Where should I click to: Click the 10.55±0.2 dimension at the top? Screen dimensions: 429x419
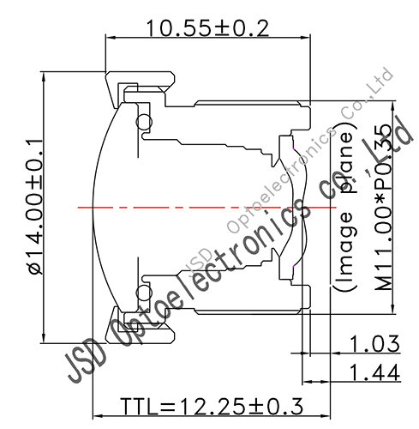pyautogui.click(x=207, y=27)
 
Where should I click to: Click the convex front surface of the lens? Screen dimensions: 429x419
pyautogui.click(x=97, y=207)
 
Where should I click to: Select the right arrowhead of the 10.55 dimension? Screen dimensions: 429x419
pyautogui.click(x=306, y=39)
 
